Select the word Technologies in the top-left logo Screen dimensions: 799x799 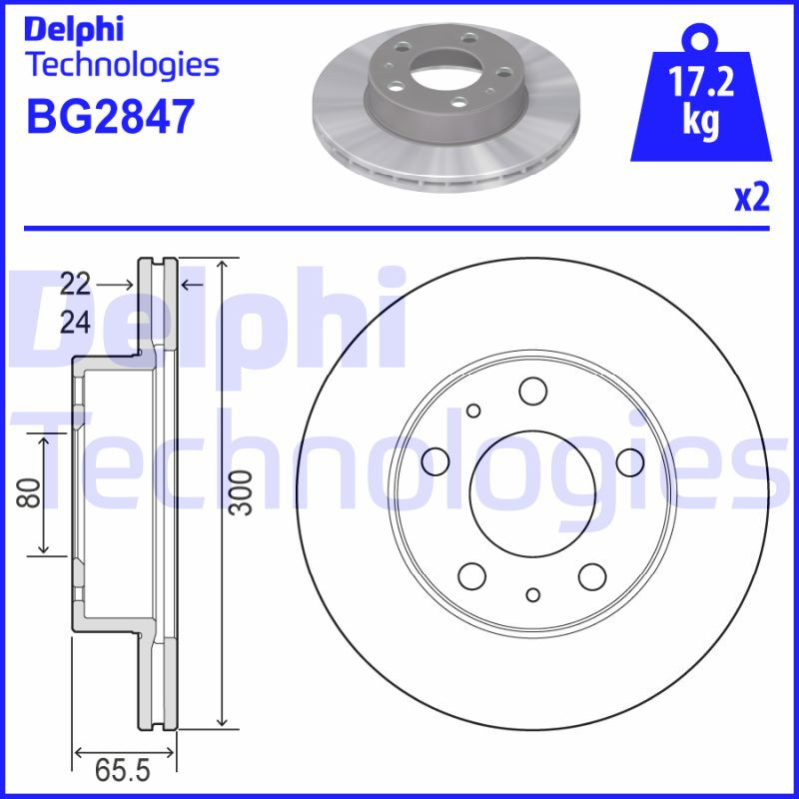click(121, 65)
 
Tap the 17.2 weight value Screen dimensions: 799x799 click(702, 83)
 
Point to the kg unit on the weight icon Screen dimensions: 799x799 click(702, 121)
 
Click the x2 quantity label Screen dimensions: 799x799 click(752, 198)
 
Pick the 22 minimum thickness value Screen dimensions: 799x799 click(75, 284)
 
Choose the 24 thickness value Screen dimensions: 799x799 click(75, 322)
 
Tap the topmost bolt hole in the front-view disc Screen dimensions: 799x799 click(532, 390)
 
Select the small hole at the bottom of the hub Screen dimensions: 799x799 click(532, 595)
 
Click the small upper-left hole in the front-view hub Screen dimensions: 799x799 click(473, 409)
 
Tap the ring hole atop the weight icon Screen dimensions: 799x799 click(702, 41)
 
